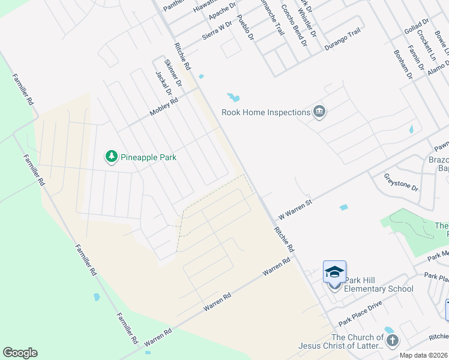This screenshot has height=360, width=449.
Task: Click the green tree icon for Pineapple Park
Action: click(112, 157)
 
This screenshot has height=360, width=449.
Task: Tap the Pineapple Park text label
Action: click(148, 157)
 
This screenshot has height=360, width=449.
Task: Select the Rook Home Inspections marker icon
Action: click(319, 112)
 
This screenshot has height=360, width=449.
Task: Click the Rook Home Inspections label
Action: click(265, 112)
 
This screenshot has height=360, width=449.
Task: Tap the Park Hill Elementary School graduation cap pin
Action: click(334, 273)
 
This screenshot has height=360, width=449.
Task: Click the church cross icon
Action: click(392, 341)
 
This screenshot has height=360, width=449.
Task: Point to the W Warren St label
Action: click(295, 211)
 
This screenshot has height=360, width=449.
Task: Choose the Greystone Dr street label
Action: click(401, 182)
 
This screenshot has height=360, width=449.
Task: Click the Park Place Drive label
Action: click(360, 313)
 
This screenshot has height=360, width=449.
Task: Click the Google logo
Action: click(20, 353)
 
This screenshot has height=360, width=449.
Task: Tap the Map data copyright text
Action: click(424, 355)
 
